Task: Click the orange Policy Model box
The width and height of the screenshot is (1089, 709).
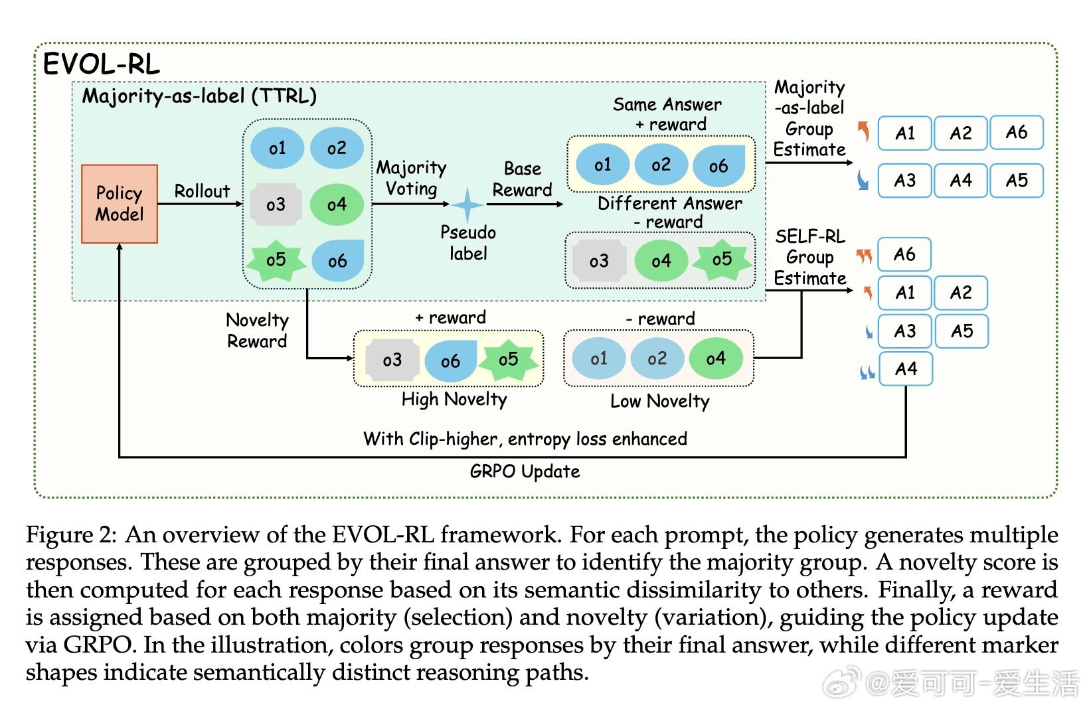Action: pos(120,204)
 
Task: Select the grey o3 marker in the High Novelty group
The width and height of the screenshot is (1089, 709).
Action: pos(392,360)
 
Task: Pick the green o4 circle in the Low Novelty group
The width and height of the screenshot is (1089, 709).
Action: pos(716,359)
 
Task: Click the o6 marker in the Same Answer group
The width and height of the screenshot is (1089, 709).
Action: pos(718,166)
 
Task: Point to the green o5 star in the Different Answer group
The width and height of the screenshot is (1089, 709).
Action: pos(722,260)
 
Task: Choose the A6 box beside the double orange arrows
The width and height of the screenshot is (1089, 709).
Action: pos(904,254)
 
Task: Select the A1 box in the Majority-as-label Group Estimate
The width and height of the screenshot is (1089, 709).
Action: pos(905,133)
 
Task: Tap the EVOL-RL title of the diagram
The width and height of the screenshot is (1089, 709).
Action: pos(102,64)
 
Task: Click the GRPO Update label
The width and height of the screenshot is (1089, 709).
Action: pos(525,471)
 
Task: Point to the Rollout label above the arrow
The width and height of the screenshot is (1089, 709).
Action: pos(202,191)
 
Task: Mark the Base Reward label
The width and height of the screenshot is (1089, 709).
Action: pos(522,179)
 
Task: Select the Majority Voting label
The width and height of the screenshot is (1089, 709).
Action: pos(411,179)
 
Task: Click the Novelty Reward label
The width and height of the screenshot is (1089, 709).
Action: pos(257,331)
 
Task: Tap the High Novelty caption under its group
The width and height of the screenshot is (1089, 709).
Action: pos(454,400)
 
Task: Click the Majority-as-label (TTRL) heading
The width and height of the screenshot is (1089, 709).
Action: pos(199,96)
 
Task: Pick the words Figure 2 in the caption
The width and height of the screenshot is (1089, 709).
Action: pos(71,534)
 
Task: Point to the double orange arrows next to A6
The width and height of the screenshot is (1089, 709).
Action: pos(864,256)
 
